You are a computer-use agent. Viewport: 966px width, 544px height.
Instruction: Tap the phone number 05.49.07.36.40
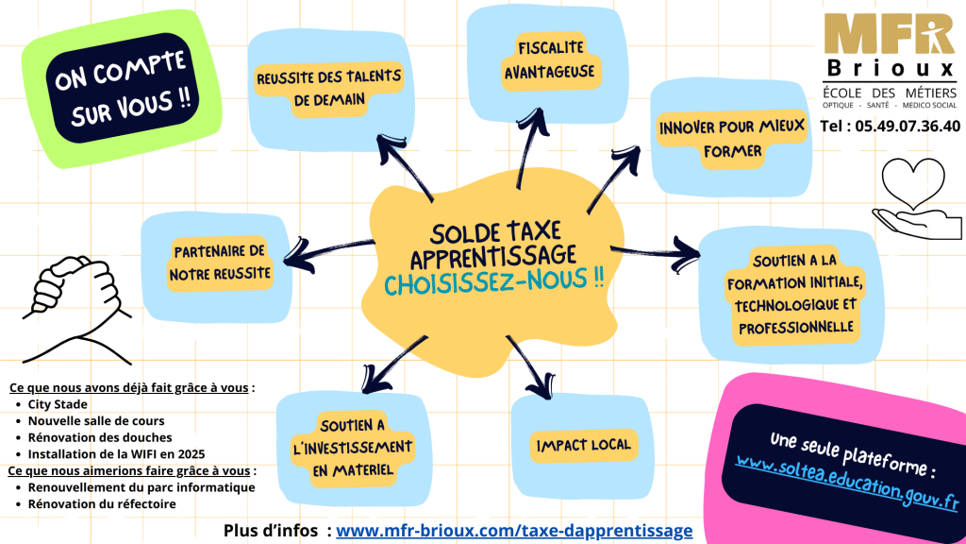tap(890, 126)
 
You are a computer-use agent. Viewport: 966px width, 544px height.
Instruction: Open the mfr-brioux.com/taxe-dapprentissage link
tap(514, 531)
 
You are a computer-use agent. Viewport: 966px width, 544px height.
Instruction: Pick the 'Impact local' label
tap(583, 445)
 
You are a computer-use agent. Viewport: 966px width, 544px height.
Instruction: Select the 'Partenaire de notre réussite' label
tap(220, 263)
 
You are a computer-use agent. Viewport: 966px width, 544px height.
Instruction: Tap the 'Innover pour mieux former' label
tap(732, 138)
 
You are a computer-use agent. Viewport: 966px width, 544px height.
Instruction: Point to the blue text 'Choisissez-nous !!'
tap(494, 281)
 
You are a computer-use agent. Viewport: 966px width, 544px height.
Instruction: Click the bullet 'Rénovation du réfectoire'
tap(102, 503)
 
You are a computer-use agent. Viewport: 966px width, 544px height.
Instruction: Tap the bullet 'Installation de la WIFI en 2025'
tap(116, 453)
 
